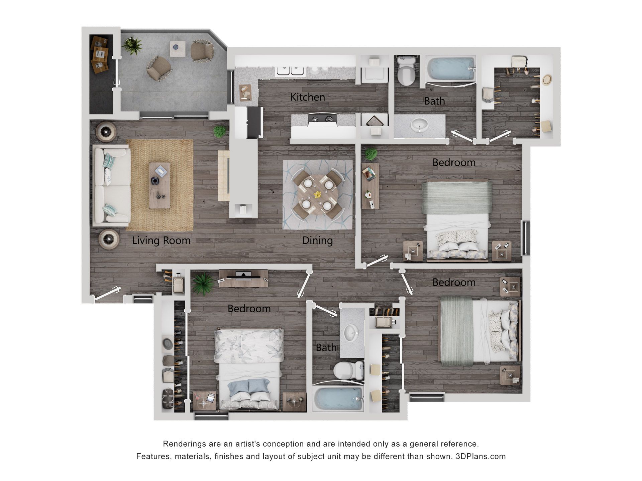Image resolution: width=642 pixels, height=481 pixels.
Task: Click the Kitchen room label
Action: [307, 97]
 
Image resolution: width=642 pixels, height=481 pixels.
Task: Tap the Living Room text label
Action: [161, 240]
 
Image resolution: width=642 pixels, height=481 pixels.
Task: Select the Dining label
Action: [317, 240]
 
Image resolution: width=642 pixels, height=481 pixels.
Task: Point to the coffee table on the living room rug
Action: [159, 185]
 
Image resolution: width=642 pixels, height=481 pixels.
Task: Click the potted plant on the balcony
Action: [132, 46]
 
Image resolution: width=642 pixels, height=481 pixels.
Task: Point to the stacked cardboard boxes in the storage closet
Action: [100, 54]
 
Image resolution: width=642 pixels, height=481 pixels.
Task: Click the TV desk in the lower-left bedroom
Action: [243, 278]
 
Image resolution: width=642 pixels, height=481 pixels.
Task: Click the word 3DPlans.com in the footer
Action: [480, 456]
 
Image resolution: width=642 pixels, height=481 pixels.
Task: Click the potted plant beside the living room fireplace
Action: [220, 132]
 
